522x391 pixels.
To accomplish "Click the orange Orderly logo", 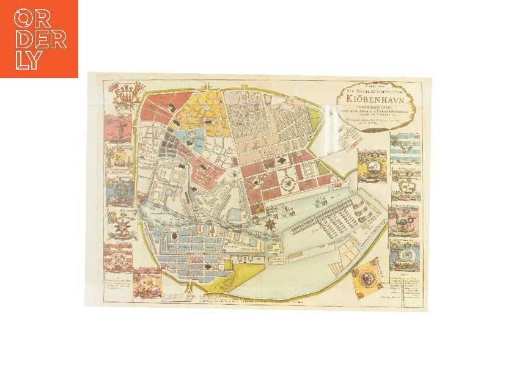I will tap(39, 38).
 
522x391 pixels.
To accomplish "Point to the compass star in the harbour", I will tap(268, 225).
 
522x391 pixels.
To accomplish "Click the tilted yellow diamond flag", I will tap(366, 276).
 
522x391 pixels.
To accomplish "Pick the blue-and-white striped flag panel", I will tap(404, 153).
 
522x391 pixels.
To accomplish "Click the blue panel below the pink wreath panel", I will tap(403, 251).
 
